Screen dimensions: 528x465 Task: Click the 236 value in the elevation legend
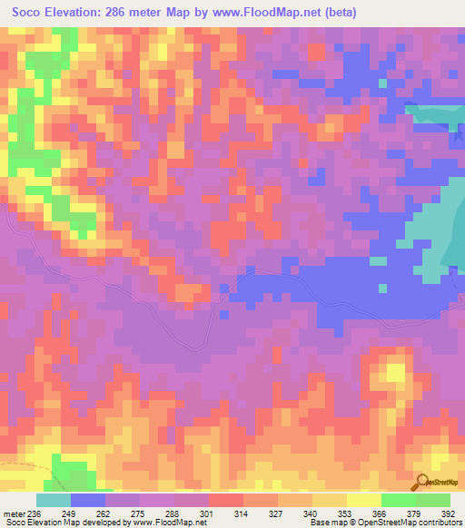click(35, 513)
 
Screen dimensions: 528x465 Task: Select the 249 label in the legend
click(70, 513)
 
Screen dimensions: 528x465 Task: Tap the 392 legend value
click(450, 513)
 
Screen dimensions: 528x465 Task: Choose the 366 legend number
click(381, 513)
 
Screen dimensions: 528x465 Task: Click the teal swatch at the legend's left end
click(54, 500)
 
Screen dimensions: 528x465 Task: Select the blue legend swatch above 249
click(88, 500)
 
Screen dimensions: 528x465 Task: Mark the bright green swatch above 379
click(398, 500)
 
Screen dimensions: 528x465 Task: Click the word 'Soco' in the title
click(29, 13)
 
